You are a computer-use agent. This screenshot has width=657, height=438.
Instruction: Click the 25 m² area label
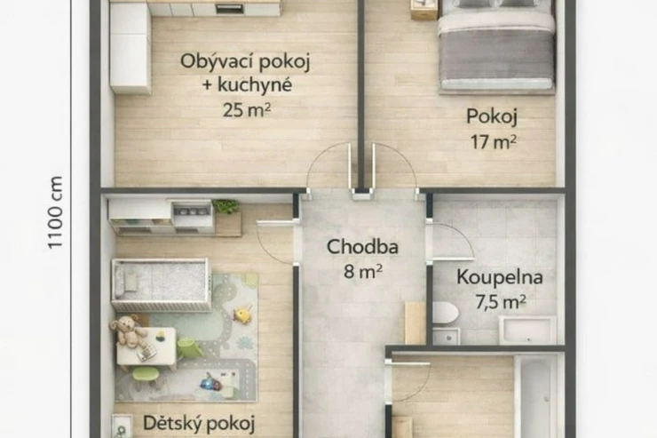click(247, 110)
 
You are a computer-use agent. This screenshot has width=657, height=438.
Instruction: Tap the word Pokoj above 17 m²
click(492, 116)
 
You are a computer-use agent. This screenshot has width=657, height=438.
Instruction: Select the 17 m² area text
click(493, 141)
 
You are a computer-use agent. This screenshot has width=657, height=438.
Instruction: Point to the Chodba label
click(362, 246)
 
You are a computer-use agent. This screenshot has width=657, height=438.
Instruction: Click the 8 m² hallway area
click(363, 272)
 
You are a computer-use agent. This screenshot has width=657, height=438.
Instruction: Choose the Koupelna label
click(500, 277)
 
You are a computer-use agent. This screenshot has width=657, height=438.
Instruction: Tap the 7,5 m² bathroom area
click(500, 301)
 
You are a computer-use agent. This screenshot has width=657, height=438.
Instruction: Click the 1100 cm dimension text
click(55, 212)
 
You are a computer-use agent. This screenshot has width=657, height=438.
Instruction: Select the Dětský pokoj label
click(199, 423)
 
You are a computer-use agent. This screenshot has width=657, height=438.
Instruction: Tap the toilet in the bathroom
click(445, 313)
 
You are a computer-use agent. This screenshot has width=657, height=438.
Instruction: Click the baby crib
click(161, 284)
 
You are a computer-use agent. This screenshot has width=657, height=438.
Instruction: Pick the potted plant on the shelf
click(226, 206)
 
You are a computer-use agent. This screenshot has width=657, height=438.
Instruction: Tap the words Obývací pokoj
click(245, 62)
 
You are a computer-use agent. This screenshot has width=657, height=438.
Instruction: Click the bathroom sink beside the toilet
click(527, 330)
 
